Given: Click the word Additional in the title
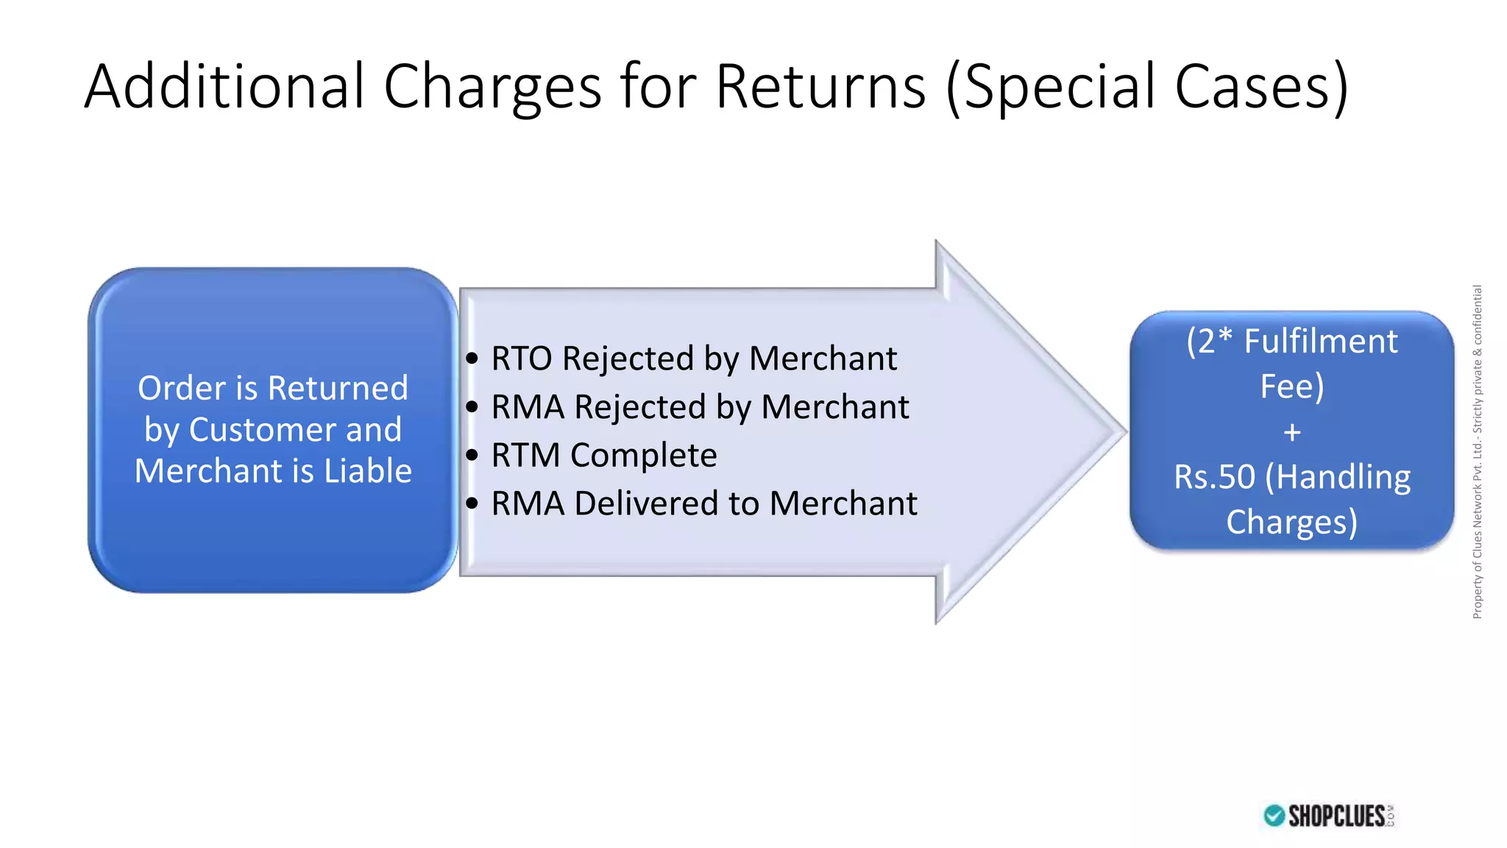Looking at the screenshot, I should pos(224,86).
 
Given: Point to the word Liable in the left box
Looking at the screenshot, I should pos(368,471).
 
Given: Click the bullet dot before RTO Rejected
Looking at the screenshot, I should pos(472,359).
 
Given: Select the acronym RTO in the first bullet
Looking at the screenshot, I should pos(521,359).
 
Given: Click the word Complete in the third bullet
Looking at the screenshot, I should pos(643,456).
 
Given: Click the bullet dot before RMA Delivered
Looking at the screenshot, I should pos(472,504).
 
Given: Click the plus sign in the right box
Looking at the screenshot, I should pos(1291,432).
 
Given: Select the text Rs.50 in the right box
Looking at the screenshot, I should pos(1213,477).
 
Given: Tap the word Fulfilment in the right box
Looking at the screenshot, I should pos(1320,342).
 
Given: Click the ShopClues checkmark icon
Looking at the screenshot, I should pos(1274,816).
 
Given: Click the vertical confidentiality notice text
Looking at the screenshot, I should pos(1477,451).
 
